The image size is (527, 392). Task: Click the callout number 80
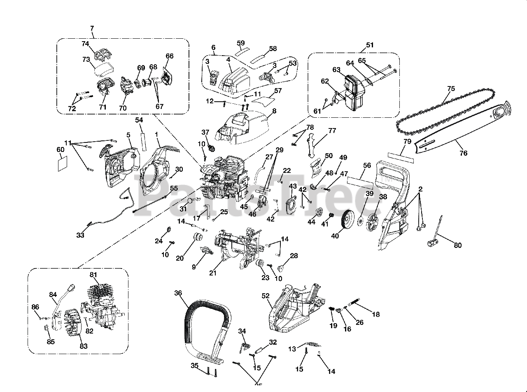[457, 245]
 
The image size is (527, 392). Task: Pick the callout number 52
[265, 296]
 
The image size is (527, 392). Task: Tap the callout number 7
[91, 28]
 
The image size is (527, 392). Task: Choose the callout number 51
[370, 45]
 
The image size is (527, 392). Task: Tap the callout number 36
[178, 293]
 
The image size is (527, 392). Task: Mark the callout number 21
[213, 273]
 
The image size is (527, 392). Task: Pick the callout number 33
[80, 235]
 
